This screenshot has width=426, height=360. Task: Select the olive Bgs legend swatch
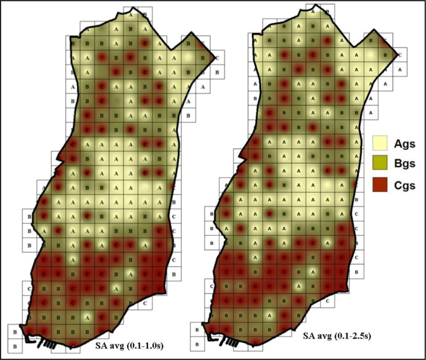coord(381,164)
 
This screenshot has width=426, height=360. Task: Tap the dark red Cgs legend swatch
coord(381,185)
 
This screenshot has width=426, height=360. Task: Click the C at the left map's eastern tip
coord(217,58)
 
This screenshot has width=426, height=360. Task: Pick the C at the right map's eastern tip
coord(399,55)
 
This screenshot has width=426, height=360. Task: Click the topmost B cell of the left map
coord(144,14)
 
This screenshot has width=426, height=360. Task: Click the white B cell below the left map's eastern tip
coord(217,72)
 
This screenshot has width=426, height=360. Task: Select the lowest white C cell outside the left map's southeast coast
coord(144,304)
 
